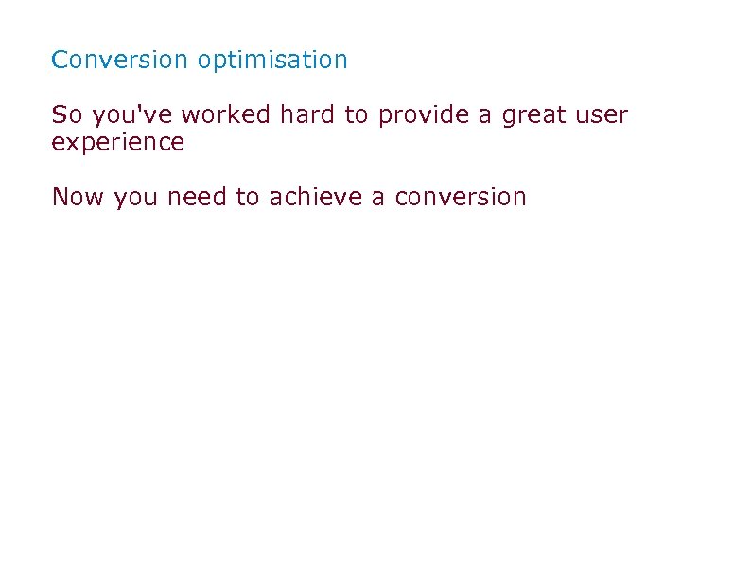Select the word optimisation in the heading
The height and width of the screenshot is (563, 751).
coord(272,61)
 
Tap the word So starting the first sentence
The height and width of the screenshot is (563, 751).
coord(67,115)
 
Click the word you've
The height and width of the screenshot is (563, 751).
coord(133,115)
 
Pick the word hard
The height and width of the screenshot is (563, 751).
coord(306,115)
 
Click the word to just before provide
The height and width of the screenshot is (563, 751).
coord(356,115)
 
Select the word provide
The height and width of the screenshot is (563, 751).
coord(422,116)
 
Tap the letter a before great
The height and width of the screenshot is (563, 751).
coord(484,116)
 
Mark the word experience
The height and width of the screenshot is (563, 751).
coord(118,144)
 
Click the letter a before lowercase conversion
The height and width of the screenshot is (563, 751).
coord(378,198)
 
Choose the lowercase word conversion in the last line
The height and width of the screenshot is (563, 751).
coord(460,197)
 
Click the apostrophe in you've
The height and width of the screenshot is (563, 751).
coord(139,110)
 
